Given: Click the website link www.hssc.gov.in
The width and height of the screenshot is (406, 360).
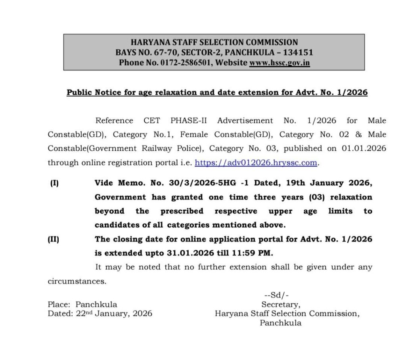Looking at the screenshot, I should pos(279,63).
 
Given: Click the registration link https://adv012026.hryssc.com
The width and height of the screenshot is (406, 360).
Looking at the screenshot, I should pos(257,162).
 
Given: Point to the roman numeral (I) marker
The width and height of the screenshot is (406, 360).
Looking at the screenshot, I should pos(54,183).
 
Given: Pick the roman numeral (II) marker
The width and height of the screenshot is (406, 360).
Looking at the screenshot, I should pos(54,239).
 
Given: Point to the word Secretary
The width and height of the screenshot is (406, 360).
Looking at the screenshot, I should pos(280,305).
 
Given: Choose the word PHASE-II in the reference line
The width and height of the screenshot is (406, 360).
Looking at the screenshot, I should pos(189,120).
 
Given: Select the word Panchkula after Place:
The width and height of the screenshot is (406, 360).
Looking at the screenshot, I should pos(96,305).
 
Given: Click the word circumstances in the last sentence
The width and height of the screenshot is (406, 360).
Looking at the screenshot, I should pos(77,282).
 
